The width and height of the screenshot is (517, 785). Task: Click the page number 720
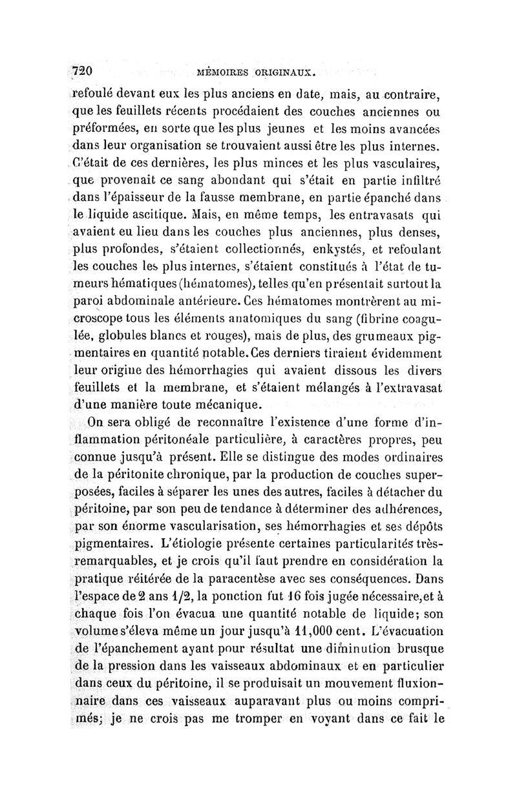[x=85, y=70]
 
